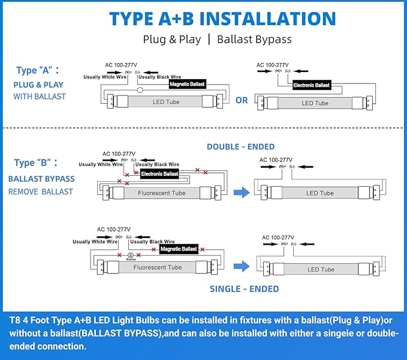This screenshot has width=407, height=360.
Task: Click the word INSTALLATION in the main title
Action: pyautogui.click(x=267, y=18)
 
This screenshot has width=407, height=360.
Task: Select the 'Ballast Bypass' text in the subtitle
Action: pyautogui.click(x=254, y=40)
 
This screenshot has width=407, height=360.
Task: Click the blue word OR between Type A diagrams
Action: pyautogui.click(x=242, y=100)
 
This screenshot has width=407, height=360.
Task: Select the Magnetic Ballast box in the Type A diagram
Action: pyautogui.click(x=188, y=85)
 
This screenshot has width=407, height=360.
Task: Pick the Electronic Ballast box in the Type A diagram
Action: pyautogui.click(x=311, y=85)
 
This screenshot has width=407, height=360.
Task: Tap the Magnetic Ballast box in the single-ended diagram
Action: pyautogui.click(x=179, y=248)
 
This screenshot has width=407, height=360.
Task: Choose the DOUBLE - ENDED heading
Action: pyautogui.click(x=240, y=146)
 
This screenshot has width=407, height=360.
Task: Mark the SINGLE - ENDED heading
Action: pyautogui.click(x=244, y=289)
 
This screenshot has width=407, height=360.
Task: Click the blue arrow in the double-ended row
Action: pyautogui.click(x=241, y=192)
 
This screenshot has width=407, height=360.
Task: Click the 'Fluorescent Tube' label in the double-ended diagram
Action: pyautogui.click(x=161, y=193)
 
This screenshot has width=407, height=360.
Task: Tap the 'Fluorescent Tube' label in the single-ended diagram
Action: pyautogui.click(x=157, y=267)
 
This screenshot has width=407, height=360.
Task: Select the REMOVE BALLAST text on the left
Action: pyautogui.click(x=40, y=192)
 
